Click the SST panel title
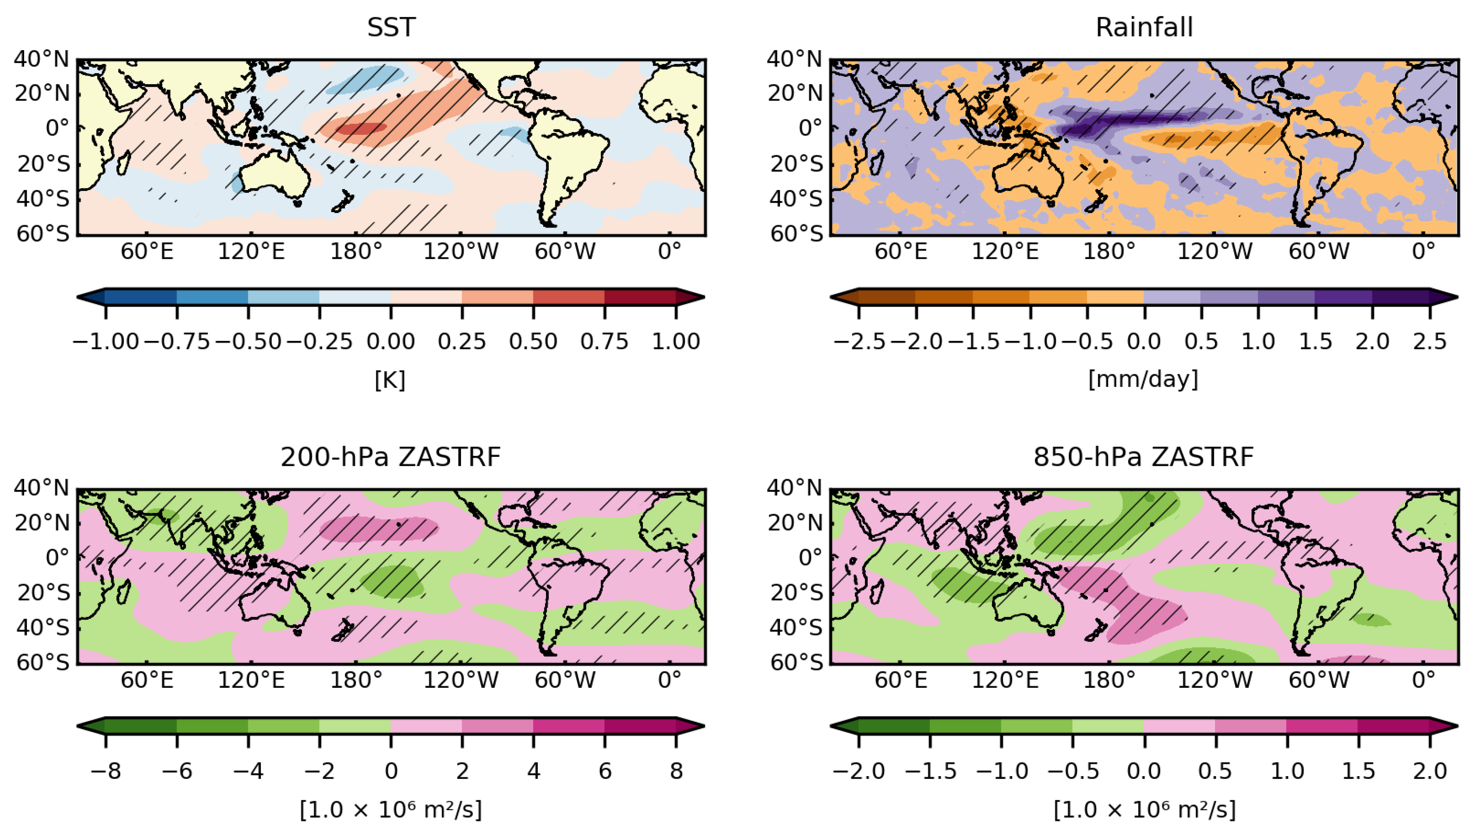tap(391, 27)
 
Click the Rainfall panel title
tap(1144, 27)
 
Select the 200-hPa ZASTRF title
tap(390, 457)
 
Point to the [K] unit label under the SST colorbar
tap(390, 379)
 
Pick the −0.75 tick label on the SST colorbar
tap(177, 342)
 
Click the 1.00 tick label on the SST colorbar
tap(676, 342)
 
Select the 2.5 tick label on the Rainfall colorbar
tap(1430, 342)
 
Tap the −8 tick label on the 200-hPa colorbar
tap(106, 771)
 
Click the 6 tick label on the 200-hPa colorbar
tap(605, 771)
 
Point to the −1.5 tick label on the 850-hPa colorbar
tap(930, 771)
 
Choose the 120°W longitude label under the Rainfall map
tap(1215, 251)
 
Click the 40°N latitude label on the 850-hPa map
tap(795, 488)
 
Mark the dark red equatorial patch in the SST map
tap(361, 129)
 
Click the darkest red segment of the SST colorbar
tap(640, 297)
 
